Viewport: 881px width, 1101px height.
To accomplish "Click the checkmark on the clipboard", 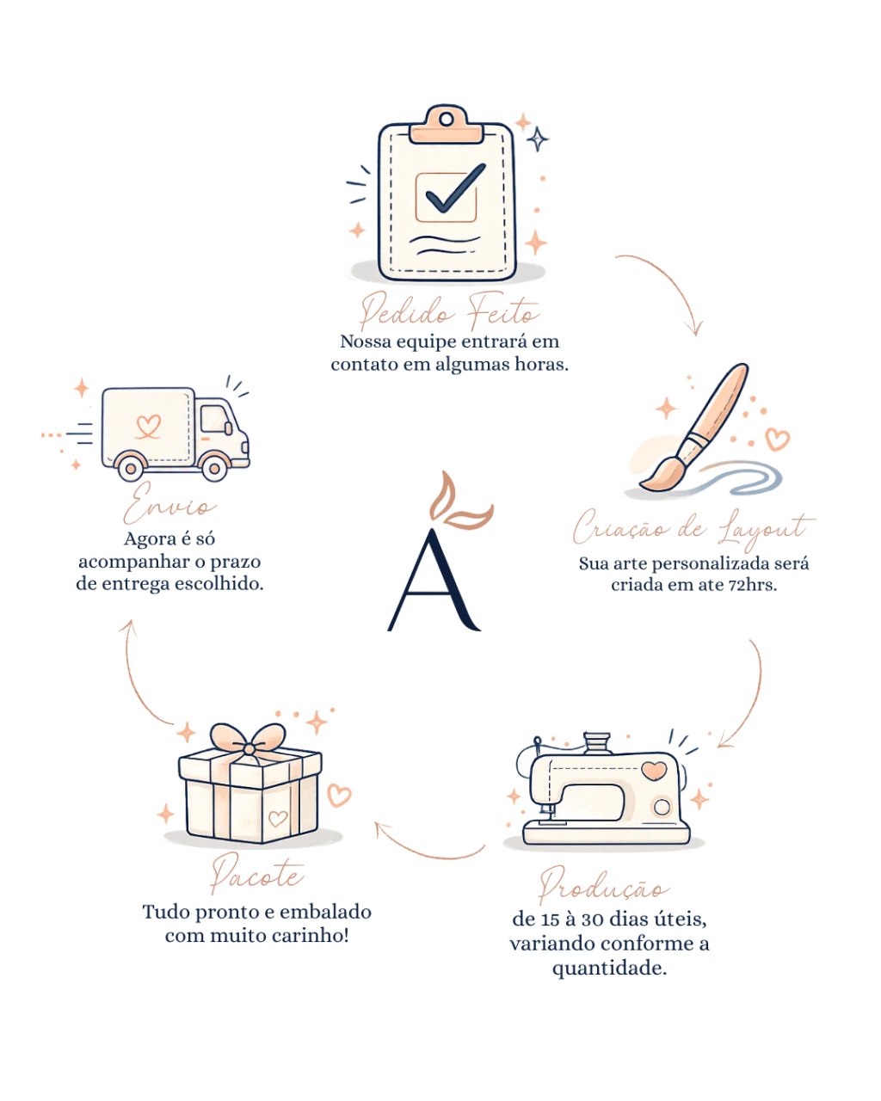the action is click(454, 188).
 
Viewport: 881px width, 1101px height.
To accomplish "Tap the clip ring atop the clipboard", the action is click(446, 120).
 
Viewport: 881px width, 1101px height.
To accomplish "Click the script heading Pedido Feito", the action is click(449, 310).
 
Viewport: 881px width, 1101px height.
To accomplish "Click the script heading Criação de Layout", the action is click(693, 530).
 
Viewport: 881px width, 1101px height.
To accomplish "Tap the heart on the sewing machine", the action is click(654, 771).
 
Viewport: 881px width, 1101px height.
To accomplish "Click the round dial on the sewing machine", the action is click(662, 807).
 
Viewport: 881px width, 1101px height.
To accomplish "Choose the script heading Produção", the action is click(604, 886).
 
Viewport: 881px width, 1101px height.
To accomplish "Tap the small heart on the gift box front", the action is click(278, 819).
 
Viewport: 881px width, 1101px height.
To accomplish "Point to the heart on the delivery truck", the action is click(149, 426).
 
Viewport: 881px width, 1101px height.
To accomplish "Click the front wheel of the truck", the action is click(214, 468).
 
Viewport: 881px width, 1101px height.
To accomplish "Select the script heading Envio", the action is click(169, 503).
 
